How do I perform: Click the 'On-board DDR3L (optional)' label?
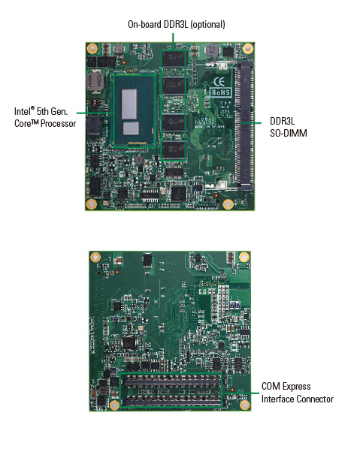(x=177, y=24)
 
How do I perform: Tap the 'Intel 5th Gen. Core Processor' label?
(x=45, y=117)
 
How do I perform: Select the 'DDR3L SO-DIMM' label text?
(x=288, y=127)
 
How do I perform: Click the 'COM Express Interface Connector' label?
(x=298, y=393)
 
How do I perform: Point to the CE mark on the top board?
(x=219, y=82)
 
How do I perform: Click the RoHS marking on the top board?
(x=221, y=92)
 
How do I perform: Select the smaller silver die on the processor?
(x=131, y=128)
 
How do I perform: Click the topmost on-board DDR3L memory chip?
(x=173, y=59)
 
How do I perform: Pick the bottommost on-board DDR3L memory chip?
(x=173, y=149)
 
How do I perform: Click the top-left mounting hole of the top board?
(x=92, y=48)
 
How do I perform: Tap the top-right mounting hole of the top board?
(x=247, y=48)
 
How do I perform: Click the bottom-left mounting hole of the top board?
(x=92, y=204)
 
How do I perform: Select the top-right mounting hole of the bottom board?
(x=244, y=257)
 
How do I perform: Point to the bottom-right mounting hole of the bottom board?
(x=244, y=405)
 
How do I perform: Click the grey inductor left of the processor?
(x=95, y=82)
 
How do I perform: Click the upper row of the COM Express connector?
(x=171, y=382)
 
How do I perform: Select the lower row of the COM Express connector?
(x=171, y=401)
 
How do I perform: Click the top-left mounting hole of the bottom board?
(x=95, y=257)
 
